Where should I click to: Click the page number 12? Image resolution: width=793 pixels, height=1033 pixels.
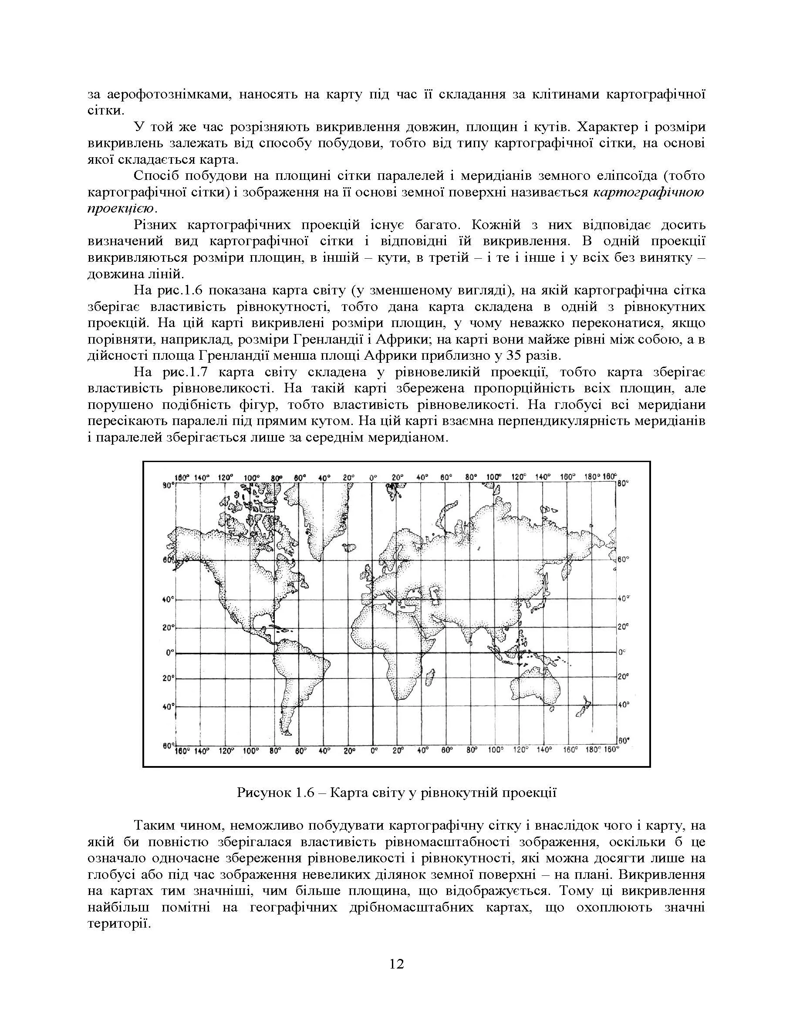point(396,964)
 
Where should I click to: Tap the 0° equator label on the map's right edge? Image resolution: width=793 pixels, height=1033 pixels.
point(622,652)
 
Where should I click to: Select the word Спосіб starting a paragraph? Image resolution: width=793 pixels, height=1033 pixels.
point(154,176)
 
